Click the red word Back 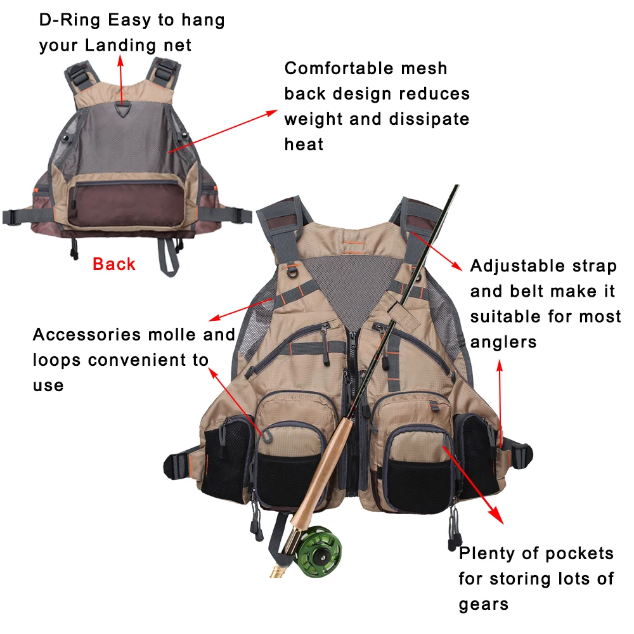114,264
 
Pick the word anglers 503,342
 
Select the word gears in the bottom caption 484,604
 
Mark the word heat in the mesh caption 304,145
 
